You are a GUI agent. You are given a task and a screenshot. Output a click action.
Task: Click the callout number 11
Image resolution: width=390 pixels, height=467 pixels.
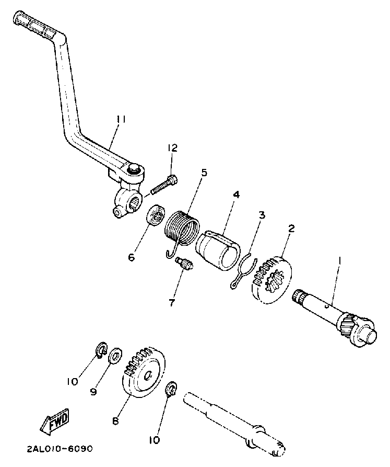(121, 120)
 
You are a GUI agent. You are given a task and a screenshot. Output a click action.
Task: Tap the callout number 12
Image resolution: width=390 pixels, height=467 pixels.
(172, 149)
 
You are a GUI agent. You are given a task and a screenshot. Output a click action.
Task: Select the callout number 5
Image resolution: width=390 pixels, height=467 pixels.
(204, 173)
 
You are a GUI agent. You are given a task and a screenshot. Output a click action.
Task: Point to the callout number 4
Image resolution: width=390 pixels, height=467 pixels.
(236, 194)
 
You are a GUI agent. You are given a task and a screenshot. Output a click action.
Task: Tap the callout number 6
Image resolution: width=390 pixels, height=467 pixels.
(132, 257)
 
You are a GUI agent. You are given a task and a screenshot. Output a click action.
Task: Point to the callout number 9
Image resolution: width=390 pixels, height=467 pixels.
(93, 391)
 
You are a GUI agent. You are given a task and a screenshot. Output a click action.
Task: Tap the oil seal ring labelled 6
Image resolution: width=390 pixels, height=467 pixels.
(155, 215)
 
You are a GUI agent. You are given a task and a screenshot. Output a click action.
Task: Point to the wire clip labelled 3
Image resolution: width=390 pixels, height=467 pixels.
(243, 269)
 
